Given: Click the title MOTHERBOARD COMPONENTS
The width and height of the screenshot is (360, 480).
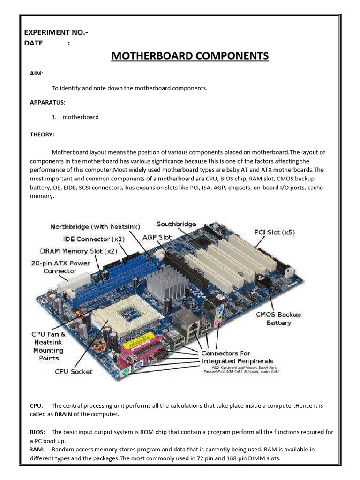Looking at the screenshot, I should (190, 56).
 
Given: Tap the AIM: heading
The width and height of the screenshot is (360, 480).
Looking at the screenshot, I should (37, 74).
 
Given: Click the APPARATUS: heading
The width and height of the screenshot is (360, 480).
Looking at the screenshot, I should (48, 102).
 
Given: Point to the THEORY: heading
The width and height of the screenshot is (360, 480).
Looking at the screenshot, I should (42, 135).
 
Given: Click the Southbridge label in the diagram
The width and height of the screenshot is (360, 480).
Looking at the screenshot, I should (176, 224).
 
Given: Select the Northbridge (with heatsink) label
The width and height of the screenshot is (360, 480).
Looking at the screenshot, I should (95, 227).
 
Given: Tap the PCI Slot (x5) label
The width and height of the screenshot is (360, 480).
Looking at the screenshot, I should (275, 232).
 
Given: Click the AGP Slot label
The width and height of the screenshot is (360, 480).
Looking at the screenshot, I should (157, 237).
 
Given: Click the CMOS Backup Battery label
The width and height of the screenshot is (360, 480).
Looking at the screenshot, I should (278, 319).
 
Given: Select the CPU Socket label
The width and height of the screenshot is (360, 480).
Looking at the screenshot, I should (74, 372).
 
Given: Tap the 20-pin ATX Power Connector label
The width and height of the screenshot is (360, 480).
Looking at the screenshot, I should (60, 267).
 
